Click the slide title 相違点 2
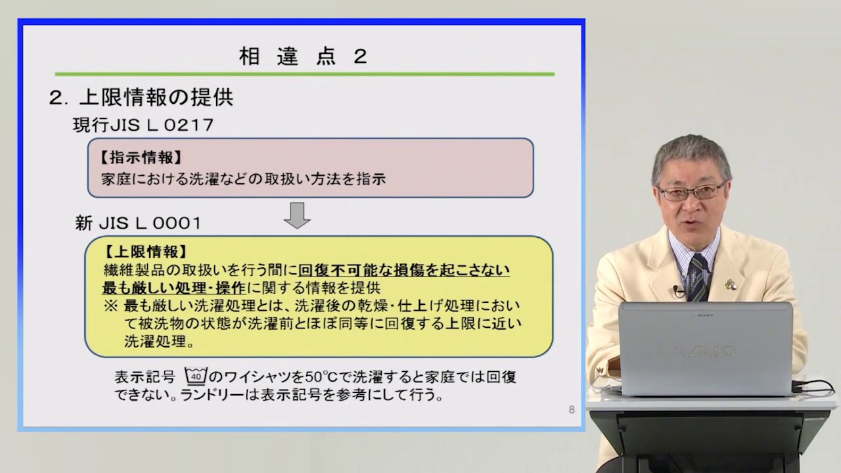point(303,56)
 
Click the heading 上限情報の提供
point(156,98)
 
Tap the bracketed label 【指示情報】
point(141,158)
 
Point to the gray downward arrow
point(297,215)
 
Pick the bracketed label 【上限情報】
point(146,252)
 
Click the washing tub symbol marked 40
point(196,376)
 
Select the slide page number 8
point(571,410)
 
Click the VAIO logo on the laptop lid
point(706,352)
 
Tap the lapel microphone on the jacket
point(675,290)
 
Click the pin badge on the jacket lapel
point(729,284)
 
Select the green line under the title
point(304,74)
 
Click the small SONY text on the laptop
point(706,315)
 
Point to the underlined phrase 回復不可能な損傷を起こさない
point(404,270)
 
